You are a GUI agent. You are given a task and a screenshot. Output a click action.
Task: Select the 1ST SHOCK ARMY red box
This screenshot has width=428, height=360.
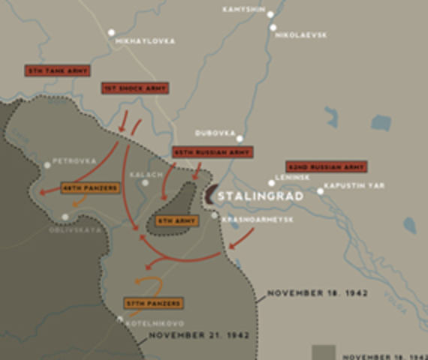click(135, 88)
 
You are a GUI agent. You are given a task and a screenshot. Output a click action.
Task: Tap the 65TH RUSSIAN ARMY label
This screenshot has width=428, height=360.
click(211, 151)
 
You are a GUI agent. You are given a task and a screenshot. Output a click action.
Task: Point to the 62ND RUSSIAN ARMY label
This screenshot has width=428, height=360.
click(326, 166)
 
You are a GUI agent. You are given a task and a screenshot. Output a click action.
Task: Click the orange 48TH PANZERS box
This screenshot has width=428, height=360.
click(91, 187)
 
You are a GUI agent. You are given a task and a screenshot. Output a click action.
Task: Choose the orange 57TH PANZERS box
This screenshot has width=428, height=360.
click(154, 304)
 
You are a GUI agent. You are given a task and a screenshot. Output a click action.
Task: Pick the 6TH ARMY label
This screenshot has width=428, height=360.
click(176, 221)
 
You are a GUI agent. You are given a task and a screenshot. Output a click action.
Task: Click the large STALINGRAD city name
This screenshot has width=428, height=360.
click(261, 196)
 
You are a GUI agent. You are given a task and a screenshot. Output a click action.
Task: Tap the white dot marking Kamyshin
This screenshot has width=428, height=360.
click(270, 14)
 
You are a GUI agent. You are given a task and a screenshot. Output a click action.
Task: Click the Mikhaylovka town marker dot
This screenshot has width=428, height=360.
click(111, 32)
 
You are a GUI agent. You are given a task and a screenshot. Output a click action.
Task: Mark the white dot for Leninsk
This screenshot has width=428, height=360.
click(272, 183)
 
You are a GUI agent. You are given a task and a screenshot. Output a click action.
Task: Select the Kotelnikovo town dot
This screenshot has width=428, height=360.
click(120, 319)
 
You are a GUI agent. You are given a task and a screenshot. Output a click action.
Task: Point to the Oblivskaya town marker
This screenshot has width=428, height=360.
click(65, 217)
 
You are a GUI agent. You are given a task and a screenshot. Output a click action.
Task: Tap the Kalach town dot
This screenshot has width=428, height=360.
click(146, 182)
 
